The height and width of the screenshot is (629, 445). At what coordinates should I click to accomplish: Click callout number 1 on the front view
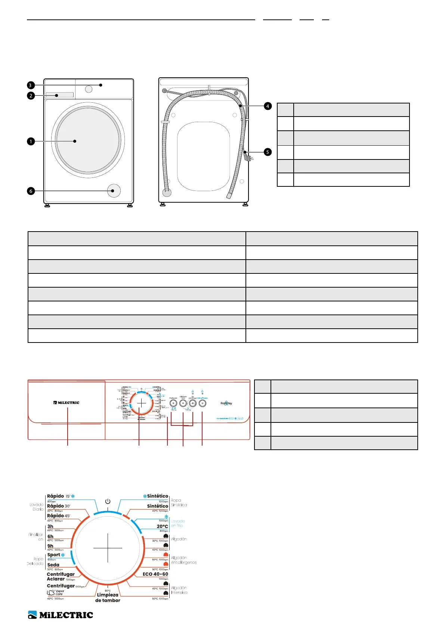coord(31,142)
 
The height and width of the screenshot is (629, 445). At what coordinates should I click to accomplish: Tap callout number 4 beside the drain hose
coord(268,106)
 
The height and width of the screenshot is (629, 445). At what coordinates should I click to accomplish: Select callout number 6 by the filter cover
coord(31,191)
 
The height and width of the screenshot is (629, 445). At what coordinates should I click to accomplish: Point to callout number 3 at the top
coord(31,86)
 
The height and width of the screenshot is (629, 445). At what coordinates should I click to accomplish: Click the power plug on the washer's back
coord(248,157)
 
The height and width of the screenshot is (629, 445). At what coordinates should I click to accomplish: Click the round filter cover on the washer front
coord(114,190)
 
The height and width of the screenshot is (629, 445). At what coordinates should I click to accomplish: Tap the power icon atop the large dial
coord(108,501)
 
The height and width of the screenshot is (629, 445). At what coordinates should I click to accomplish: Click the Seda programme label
coord(53,565)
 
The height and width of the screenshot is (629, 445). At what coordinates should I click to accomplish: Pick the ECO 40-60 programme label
coord(155,574)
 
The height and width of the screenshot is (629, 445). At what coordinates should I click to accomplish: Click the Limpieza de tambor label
coord(108,598)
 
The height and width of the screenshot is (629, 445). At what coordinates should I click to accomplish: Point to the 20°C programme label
coord(162,526)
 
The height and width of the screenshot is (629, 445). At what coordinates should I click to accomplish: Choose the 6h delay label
coord(50,536)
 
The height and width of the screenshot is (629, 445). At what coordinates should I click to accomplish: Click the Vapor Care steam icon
coord(51,592)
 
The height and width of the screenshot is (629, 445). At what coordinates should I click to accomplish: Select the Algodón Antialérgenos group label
coord(183,560)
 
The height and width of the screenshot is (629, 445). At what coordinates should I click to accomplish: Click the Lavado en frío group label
coord(178,523)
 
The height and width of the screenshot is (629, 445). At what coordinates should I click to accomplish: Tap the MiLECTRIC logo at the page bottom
coord(61,615)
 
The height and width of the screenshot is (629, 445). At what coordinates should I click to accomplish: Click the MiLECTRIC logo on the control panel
coord(66,403)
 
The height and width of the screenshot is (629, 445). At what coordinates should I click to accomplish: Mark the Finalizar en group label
coord(36,537)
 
